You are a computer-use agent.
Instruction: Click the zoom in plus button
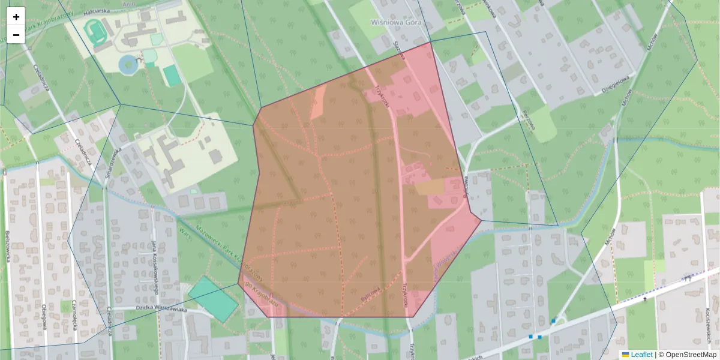[16, 17]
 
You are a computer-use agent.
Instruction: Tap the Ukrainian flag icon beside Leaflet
[625, 355]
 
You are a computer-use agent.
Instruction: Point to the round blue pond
[128, 64]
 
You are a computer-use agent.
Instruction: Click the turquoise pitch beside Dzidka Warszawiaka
[214, 299]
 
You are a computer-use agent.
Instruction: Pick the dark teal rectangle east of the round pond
[172, 76]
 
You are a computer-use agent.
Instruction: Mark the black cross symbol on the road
[645, 298]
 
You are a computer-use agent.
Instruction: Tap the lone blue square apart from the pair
[553, 322]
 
